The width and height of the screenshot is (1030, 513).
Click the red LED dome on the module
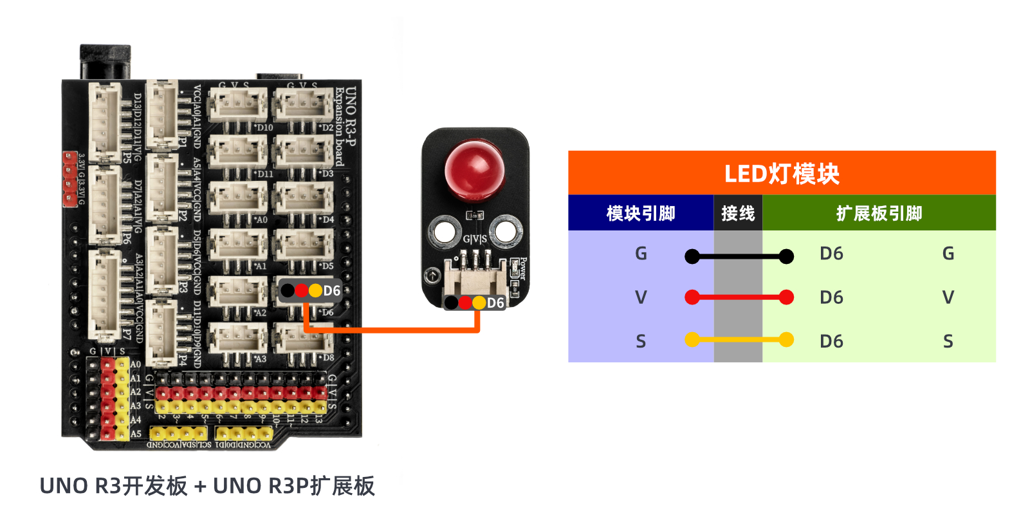click(x=475, y=169)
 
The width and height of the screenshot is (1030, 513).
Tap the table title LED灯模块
click(x=782, y=174)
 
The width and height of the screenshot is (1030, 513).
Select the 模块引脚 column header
click(x=641, y=213)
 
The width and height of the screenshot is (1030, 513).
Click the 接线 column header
click(x=738, y=213)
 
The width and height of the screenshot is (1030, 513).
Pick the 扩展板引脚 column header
click(x=879, y=213)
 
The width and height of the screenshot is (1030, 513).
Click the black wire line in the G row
click(x=739, y=257)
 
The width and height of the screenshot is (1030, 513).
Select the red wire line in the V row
click(x=739, y=297)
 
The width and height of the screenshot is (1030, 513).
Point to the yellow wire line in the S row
click(x=739, y=339)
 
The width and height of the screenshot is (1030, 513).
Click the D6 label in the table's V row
click(x=831, y=297)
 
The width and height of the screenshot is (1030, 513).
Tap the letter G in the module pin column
click(x=641, y=254)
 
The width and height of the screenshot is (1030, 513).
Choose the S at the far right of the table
click(x=948, y=341)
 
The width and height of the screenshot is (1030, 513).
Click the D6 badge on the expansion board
click(x=311, y=291)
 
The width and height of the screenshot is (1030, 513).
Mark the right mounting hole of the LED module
click(x=505, y=230)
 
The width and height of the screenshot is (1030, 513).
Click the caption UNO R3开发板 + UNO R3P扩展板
click(x=207, y=486)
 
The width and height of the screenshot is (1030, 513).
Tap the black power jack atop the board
click(x=105, y=62)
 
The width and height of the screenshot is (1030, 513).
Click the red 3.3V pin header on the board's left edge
click(x=69, y=179)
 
